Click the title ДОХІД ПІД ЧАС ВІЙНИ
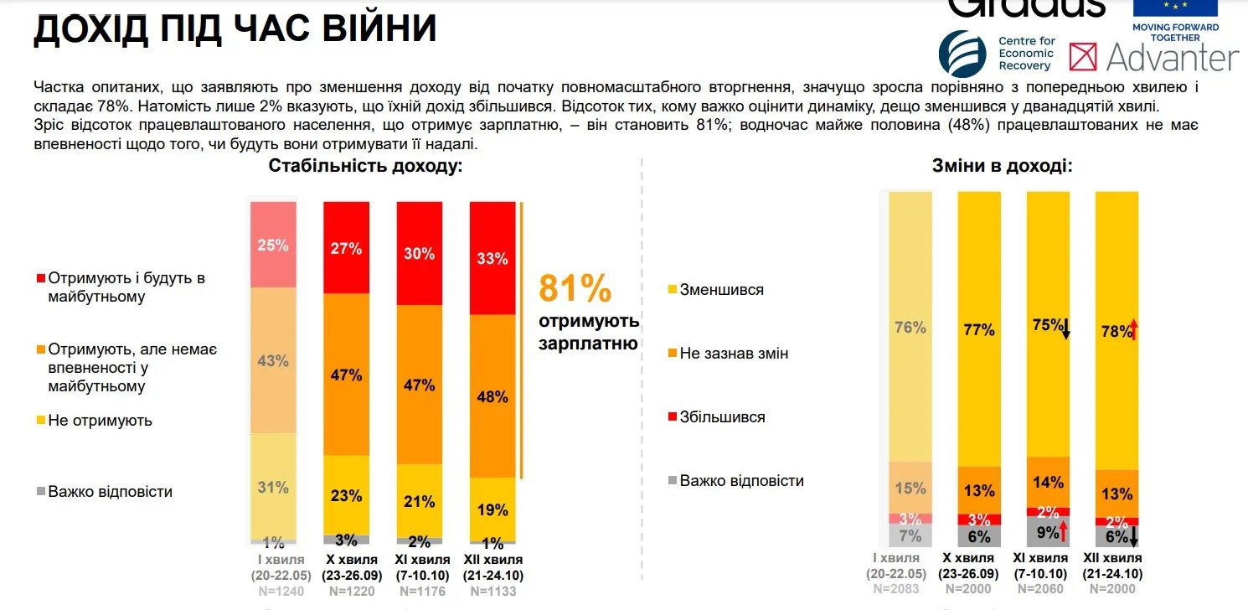click(235, 28)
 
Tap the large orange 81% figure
click(575, 287)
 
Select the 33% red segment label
click(492, 259)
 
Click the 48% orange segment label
click(492, 396)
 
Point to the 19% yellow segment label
click(492, 509)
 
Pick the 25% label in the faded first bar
click(273, 246)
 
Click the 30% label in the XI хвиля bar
click(419, 254)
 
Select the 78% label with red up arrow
click(1117, 331)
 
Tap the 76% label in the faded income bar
click(910, 328)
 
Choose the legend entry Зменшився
click(722, 290)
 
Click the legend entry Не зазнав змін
click(734, 354)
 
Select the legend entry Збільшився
click(722, 417)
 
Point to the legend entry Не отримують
click(100, 421)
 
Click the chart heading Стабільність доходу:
click(365, 165)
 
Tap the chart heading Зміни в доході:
click(1002, 166)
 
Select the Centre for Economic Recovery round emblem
click(962, 54)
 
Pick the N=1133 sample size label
click(493, 592)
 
